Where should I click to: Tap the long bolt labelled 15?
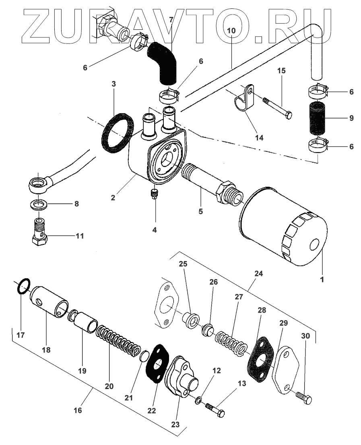point(278,107)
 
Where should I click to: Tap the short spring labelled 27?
point(231,342)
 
